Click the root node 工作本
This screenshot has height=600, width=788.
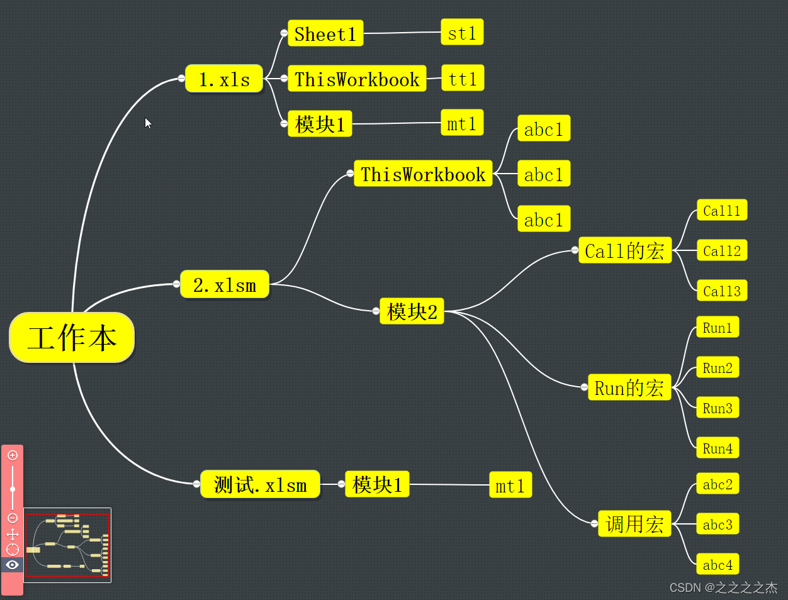click(x=72, y=338)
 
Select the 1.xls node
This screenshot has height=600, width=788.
click(x=224, y=79)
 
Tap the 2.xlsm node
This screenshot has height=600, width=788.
click(x=225, y=285)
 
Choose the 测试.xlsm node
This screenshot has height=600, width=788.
click(x=260, y=485)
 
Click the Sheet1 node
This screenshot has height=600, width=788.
click(x=325, y=34)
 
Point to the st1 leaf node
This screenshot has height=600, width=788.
click(x=462, y=33)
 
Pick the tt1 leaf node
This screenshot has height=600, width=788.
click(x=463, y=79)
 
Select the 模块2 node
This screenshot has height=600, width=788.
click(x=412, y=311)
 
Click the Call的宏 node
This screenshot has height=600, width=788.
click(x=624, y=251)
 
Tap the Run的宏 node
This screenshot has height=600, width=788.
click(x=629, y=387)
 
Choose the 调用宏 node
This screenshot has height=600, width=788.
click(x=634, y=524)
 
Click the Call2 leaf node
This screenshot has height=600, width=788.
click(x=721, y=251)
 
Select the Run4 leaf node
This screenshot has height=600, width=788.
click(x=718, y=448)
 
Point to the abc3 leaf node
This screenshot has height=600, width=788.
click(x=718, y=525)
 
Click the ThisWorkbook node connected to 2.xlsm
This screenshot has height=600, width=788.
click(x=423, y=174)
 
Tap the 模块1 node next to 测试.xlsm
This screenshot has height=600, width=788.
click(x=377, y=485)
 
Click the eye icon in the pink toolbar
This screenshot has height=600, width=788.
click(x=12, y=565)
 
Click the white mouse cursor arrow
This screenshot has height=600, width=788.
click(x=148, y=123)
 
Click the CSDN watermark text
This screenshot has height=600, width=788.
click(x=723, y=587)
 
